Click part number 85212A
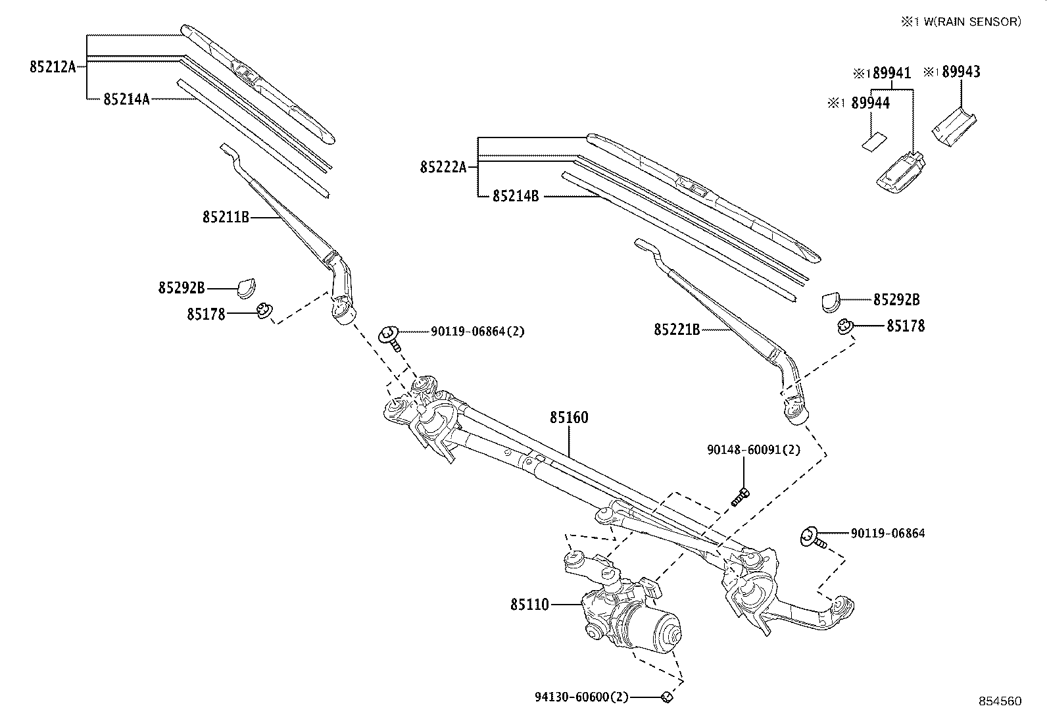click(x=53, y=66)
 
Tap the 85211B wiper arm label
click(x=226, y=216)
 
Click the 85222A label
click(x=443, y=167)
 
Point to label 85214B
click(x=516, y=196)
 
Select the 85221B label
click(x=677, y=329)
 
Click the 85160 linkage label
click(x=569, y=418)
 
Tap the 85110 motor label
click(x=529, y=604)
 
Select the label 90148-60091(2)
click(x=754, y=450)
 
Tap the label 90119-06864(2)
click(x=477, y=332)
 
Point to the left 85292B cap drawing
click(x=247, y=287)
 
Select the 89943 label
click(x=960, y=72)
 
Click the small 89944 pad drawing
click(x=873, y=141)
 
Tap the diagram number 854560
click(x=999, y=701)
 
